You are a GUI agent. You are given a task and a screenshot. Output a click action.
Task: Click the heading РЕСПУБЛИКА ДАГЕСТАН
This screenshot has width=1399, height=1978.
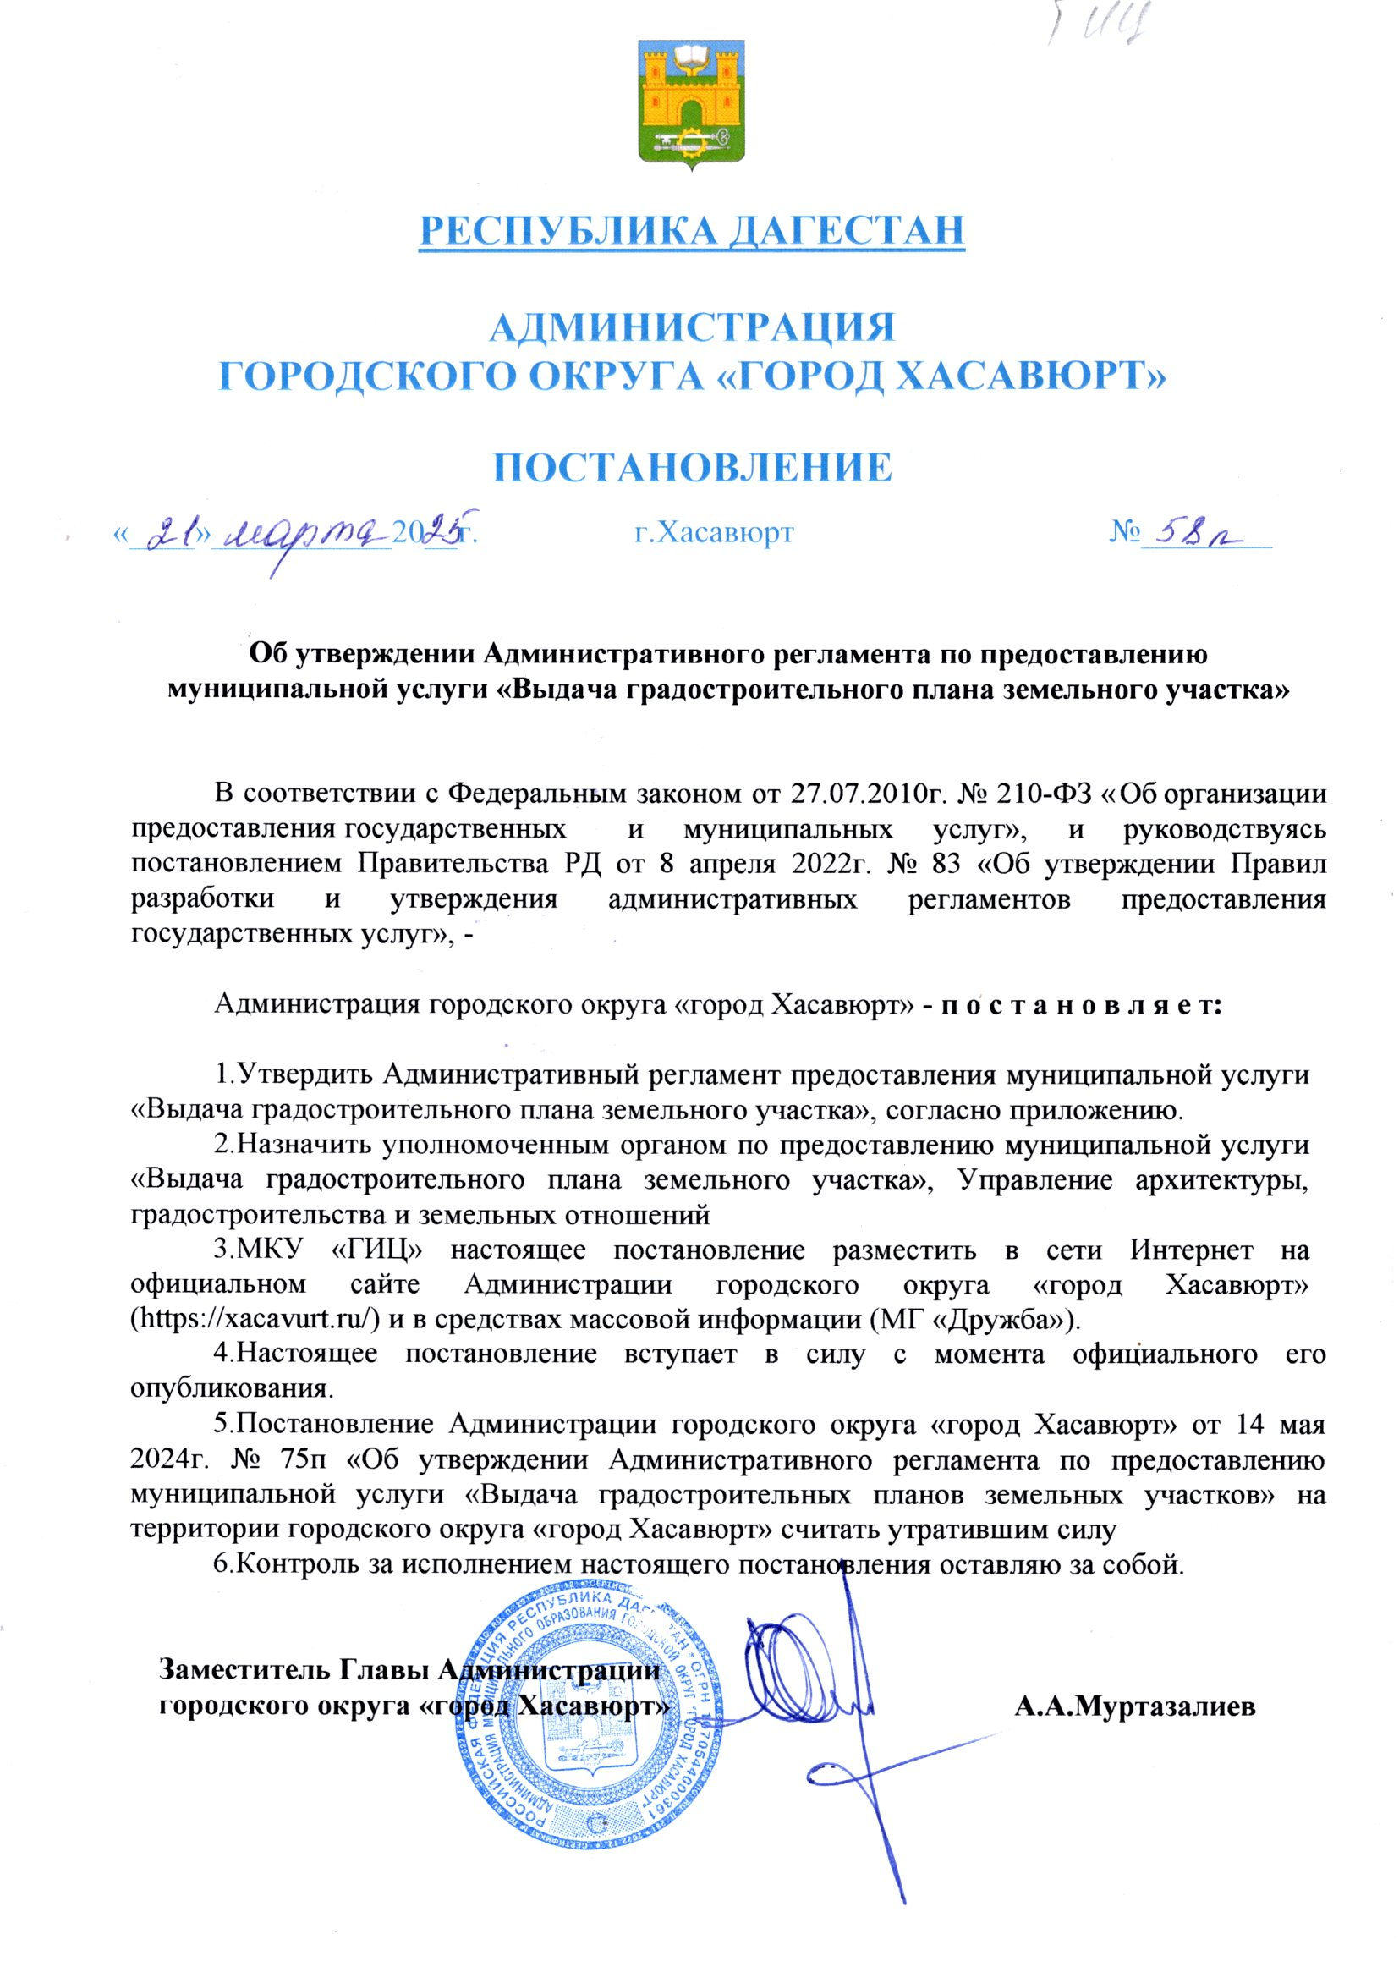click(x=691, y=230)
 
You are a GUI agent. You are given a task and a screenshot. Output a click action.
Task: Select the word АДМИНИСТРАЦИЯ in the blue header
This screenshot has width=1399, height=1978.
click(x=692, y=328)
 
